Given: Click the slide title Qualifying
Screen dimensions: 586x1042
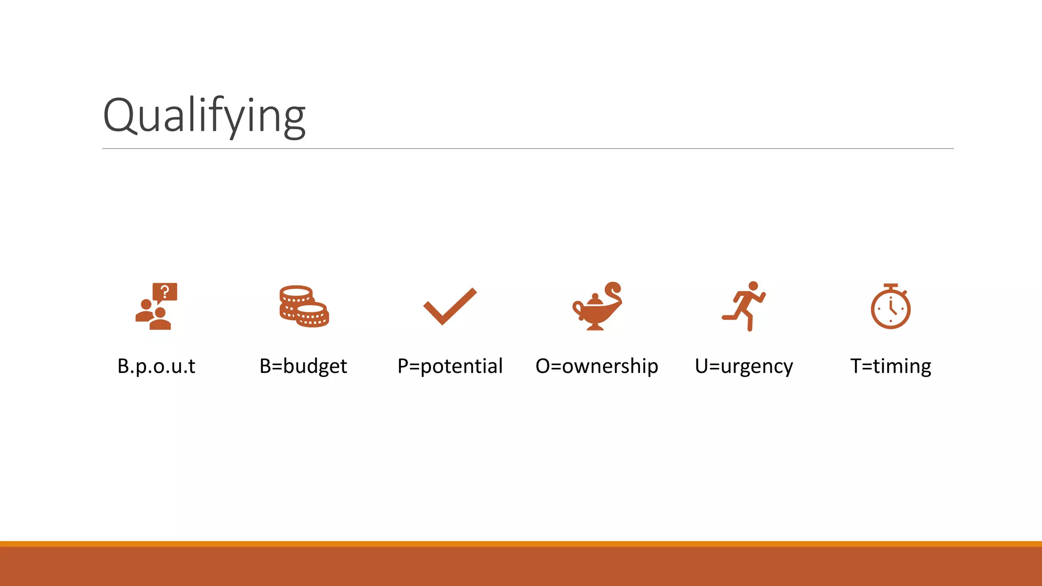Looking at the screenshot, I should point(204,115).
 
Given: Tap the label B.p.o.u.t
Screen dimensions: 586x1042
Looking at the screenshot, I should point(156,366).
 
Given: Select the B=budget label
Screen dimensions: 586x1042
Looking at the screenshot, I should point(303,366).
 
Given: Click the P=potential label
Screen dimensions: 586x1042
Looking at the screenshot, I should point(450,366).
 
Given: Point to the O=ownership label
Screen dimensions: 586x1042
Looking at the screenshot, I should point(597,366).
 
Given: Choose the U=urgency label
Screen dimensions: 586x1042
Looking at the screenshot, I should point(744,366).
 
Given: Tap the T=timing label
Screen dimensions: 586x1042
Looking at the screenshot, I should point(890,366).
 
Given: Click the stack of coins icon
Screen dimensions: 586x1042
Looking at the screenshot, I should point(304,306).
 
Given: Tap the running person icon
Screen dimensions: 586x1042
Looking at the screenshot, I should point(744,306).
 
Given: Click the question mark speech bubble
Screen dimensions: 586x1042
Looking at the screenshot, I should point(165,292).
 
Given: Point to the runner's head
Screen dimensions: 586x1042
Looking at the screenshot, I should point(754,286).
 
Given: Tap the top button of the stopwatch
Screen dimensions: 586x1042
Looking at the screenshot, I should point(890,286).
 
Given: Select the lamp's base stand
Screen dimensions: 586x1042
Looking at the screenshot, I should point(595,326).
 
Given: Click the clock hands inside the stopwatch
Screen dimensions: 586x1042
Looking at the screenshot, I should point(891,308).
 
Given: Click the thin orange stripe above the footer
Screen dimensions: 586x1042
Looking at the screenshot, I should point(521,544).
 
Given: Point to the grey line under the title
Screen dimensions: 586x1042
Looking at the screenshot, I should point(528,149).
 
